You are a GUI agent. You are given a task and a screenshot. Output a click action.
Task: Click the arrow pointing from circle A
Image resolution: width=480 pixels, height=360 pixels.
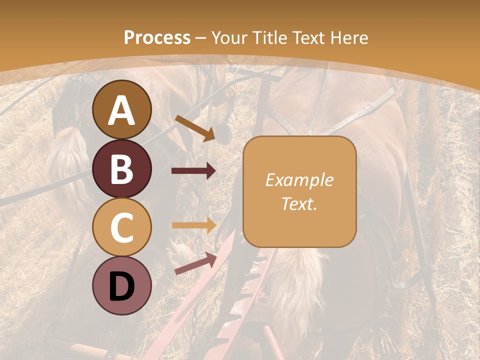(194, 127)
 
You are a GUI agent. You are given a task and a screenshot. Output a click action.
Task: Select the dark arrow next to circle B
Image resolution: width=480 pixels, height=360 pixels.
(193, 171)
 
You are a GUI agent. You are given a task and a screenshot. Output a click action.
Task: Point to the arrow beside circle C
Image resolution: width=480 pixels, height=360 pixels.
(193, 225)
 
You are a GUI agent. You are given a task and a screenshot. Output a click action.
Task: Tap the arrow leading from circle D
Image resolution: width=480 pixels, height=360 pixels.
(195, 263)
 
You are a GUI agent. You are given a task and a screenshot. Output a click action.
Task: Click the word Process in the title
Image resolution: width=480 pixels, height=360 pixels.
(157, 37)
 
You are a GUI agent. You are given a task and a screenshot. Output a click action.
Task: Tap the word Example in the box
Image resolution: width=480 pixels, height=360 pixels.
(299, 180)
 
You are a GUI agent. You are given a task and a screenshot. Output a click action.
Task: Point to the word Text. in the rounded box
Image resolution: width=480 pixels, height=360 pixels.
(299, 203)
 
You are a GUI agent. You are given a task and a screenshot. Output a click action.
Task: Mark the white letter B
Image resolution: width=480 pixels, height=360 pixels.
(122, 169)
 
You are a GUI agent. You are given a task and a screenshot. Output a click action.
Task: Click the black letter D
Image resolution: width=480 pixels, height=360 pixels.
(122, 286)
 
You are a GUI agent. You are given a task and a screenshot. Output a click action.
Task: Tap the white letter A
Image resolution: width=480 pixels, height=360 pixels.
(122, 110)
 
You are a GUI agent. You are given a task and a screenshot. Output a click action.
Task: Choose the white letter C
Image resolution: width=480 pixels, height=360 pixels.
(122, 227)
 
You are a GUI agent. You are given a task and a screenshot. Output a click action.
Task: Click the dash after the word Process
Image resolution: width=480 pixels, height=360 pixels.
(201, 38)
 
